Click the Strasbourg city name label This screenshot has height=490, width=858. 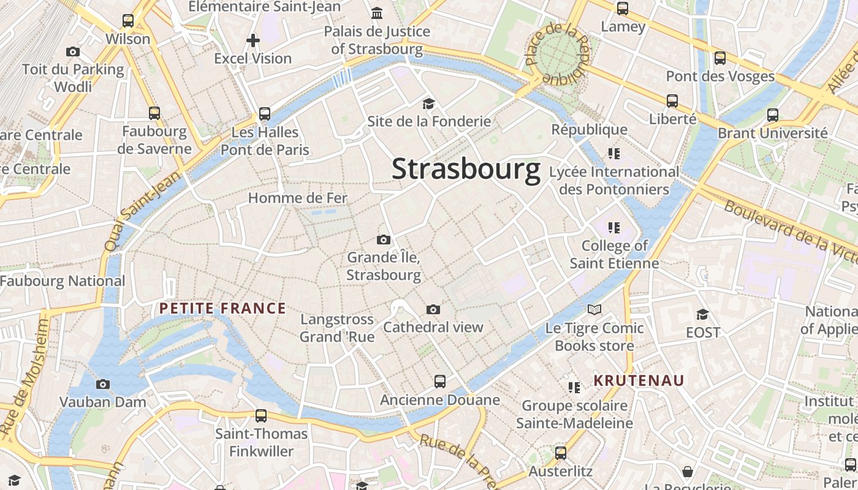tap(466, 169)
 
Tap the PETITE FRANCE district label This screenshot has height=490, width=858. tap(222, 308)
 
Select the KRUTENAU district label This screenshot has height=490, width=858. tap(639, 380)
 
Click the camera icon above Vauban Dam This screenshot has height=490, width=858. tap(103, 384)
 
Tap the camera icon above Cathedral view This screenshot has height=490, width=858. tap(433, 309)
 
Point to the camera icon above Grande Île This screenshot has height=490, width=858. tap(384, 239)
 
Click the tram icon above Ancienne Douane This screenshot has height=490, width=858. tap(440, 382)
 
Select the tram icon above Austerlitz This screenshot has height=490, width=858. tap(561, 453)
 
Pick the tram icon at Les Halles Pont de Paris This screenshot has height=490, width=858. tap(265, 113)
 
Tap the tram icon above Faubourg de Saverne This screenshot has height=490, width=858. tap(154, 113)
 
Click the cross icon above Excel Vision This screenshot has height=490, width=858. tap(252, 40)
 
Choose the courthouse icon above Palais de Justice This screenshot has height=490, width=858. tap(377, 13)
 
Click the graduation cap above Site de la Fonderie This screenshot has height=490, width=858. tap(428, 104)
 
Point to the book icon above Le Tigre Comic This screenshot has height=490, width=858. tap(594, 309)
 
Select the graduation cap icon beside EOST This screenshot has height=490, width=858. tap(702, 314)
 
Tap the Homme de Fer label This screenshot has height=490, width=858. tap(297, 198)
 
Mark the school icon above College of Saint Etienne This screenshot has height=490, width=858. tap(614, 228)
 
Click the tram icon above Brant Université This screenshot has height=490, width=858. tap(773, 115)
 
